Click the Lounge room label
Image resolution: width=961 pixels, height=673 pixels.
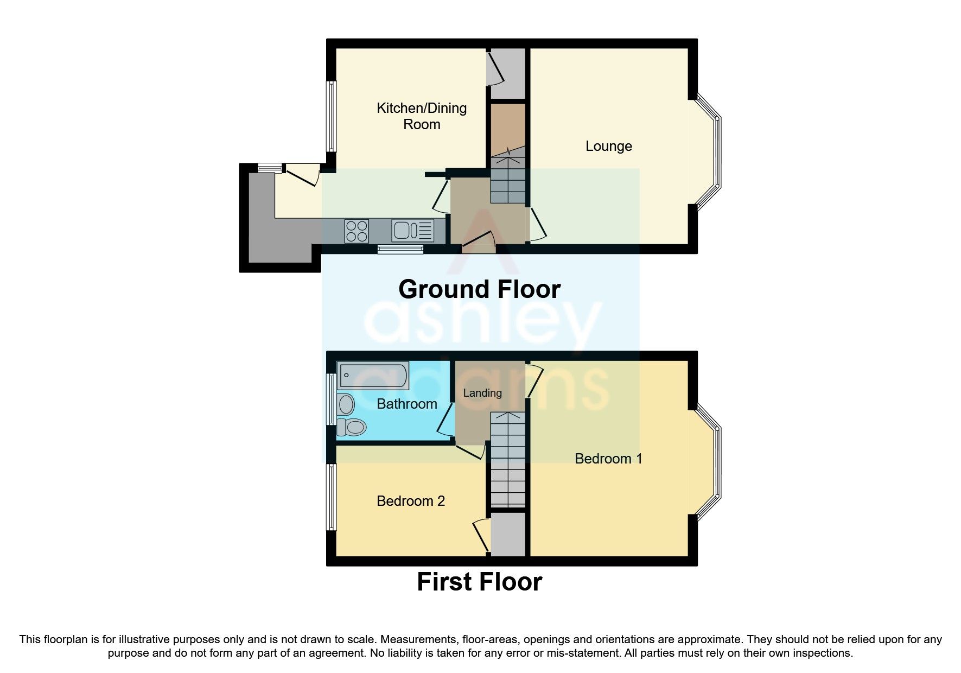[608, 146]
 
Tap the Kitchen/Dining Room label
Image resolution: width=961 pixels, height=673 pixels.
[422, 116]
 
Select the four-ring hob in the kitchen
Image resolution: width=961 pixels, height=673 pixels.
[357, 230]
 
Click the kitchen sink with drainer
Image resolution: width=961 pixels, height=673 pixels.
[412, 230]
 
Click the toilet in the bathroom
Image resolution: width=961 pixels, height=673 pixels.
[349, 427]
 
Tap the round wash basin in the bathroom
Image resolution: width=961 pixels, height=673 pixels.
[346, 404]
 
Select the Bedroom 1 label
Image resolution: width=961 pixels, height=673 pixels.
[608, 459]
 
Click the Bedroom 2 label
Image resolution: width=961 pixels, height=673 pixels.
[411, 501]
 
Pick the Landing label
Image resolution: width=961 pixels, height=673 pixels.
[482, 393]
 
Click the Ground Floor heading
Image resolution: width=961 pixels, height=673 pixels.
[479, 289]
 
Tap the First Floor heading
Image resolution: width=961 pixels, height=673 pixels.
[479, 582]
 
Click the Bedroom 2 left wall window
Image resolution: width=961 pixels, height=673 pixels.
[330, 497]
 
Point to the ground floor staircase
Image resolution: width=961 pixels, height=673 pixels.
[508, 179]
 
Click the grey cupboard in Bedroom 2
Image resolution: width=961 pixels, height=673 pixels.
[508, 535]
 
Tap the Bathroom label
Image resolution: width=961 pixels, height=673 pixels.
[406, 404]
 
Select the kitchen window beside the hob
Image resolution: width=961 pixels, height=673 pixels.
[400, 249]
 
